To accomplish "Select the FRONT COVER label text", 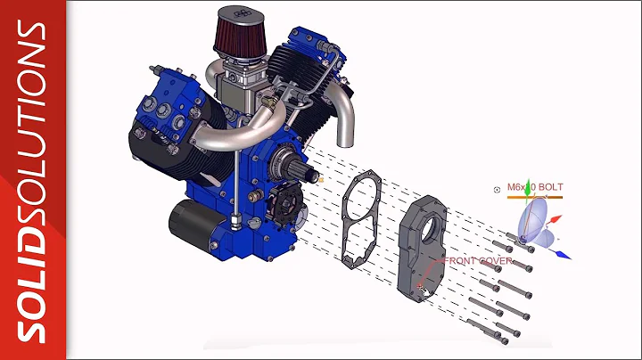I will click(x=482, y=261).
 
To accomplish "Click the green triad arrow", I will click(x=528, y=188).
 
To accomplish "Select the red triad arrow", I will click(x=555, y=217).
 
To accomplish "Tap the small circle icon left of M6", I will click(x=497, y=189).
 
